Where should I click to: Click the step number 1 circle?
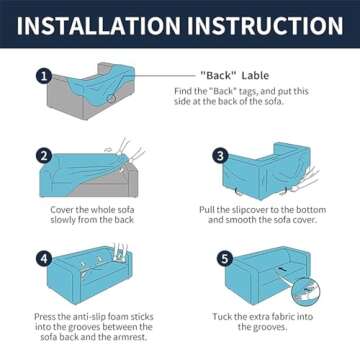click(x=44, y=76)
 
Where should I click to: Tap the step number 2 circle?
click(x=44, y=156)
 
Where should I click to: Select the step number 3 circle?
click(x=220, y=156)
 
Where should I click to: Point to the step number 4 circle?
click(x=44, y=259)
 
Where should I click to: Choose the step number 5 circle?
click(x=225, y=259)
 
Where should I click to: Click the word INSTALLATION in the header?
click(x=98, y=25)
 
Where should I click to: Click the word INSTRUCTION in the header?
click(x=265, y=25)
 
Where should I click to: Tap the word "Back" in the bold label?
click(x=217, y=76)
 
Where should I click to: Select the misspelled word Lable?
click(x=255, y=76)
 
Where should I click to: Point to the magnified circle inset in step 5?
click(x=306, y=292)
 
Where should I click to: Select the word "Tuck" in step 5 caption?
click(x=222, y=316)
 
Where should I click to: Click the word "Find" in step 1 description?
click(x=182, y=91)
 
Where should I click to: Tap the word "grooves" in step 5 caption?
click(x=269, y=327)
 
